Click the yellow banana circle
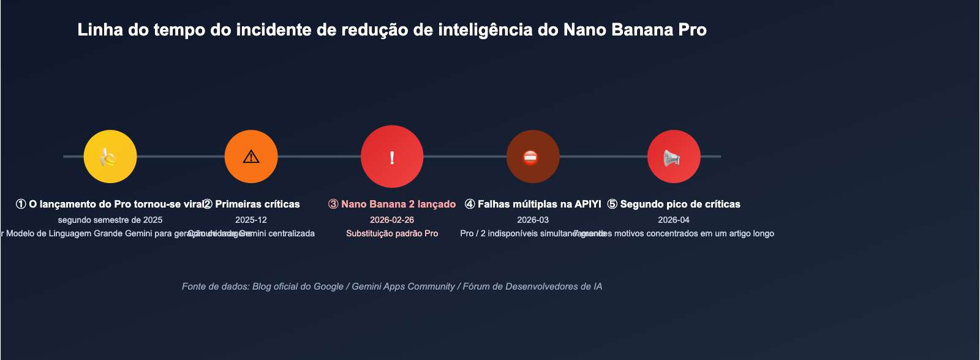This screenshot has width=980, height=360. point(110,157)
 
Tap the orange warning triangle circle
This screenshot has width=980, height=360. point(251,157)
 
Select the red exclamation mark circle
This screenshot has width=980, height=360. point(392,157)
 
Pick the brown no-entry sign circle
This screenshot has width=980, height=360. point(533,157)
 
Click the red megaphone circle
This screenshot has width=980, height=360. point(674,157)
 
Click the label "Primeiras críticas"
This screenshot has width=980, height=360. point(257,204)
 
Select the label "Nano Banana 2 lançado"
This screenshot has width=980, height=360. point(398,204)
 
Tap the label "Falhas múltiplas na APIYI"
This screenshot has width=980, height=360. point(539,204)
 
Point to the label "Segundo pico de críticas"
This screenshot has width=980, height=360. point(680,204)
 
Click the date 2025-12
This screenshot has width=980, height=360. point(251,220)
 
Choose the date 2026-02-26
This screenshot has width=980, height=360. point(392,220)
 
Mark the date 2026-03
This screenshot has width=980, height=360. point(533,220)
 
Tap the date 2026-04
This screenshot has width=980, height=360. point(674,220)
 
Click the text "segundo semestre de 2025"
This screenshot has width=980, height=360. point(110,220)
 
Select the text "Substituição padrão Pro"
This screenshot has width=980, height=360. point(392,233)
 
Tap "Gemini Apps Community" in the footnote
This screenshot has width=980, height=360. point(403,287)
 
